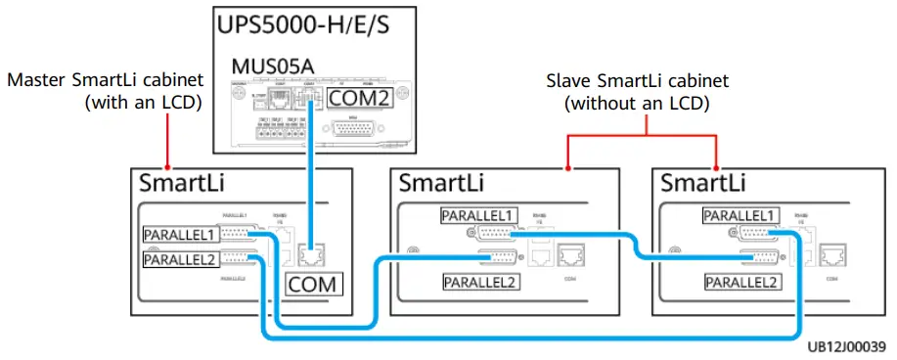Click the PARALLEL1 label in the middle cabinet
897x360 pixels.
tap(478, 215)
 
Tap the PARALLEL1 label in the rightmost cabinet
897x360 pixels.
tap(740, 215)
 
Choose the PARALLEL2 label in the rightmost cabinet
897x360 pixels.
tap(742, 282)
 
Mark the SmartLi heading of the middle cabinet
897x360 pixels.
tap(441, 183)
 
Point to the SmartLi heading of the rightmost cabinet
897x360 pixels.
tap(702, 183)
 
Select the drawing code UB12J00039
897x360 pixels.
tap(846, 347)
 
